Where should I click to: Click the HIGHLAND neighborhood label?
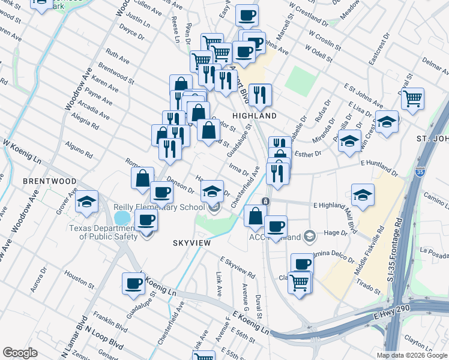(254, 116)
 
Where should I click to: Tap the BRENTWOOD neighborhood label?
(49, 181)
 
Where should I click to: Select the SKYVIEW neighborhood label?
(190, 243)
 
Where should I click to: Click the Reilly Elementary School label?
(159, 208)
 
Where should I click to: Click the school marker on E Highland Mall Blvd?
(363, 194)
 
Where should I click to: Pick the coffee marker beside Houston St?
(133, 283)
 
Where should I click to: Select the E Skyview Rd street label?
(238, 268)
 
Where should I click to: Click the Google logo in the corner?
(20, 353)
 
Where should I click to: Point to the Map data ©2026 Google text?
(412, 355)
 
